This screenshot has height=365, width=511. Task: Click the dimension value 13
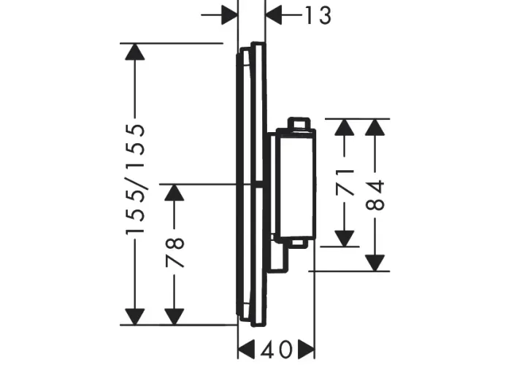[318, 15]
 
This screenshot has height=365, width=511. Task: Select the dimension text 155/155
[135, 179]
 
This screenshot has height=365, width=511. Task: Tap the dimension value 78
[175, 253]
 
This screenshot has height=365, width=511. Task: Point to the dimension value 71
[345, 182]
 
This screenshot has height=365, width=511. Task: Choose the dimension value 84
[375, 195]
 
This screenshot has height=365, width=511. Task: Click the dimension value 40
[276, 350]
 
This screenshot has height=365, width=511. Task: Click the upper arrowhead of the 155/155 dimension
[135, 52]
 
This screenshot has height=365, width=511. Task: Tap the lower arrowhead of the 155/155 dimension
[135, 316]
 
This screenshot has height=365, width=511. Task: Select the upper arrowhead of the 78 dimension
[174, 193]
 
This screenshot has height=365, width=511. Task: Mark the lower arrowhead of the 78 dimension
[174, 316]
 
